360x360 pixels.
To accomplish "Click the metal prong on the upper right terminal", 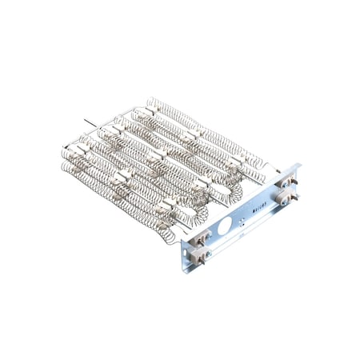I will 295,182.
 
